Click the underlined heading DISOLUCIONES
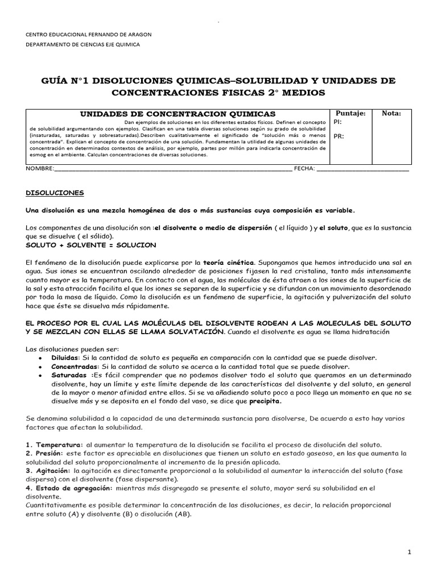coord(55,193)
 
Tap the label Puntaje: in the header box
coord(351,114)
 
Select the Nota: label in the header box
coord(391,114)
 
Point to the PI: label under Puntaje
coord(337,122)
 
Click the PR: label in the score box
coord(338,136)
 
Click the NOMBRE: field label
coord(40,169)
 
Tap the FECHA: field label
coord(304,169)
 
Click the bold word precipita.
coord(265,401)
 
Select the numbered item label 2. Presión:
coord(46,454)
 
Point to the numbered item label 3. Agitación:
coord(48,471)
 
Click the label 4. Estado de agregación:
coord(69,488)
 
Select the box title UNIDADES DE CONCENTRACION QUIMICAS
coord(177,114)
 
